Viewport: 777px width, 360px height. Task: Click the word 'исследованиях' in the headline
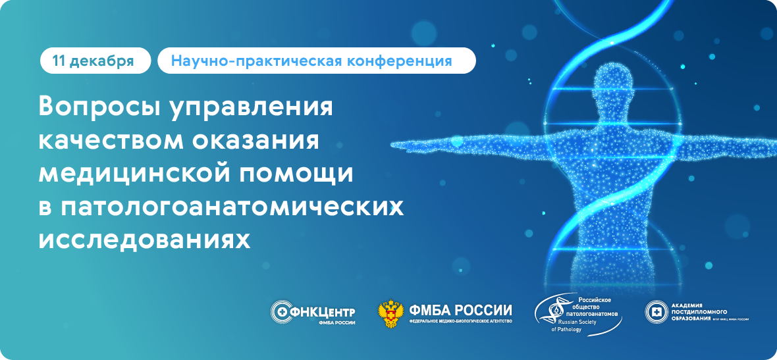point(144,240)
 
